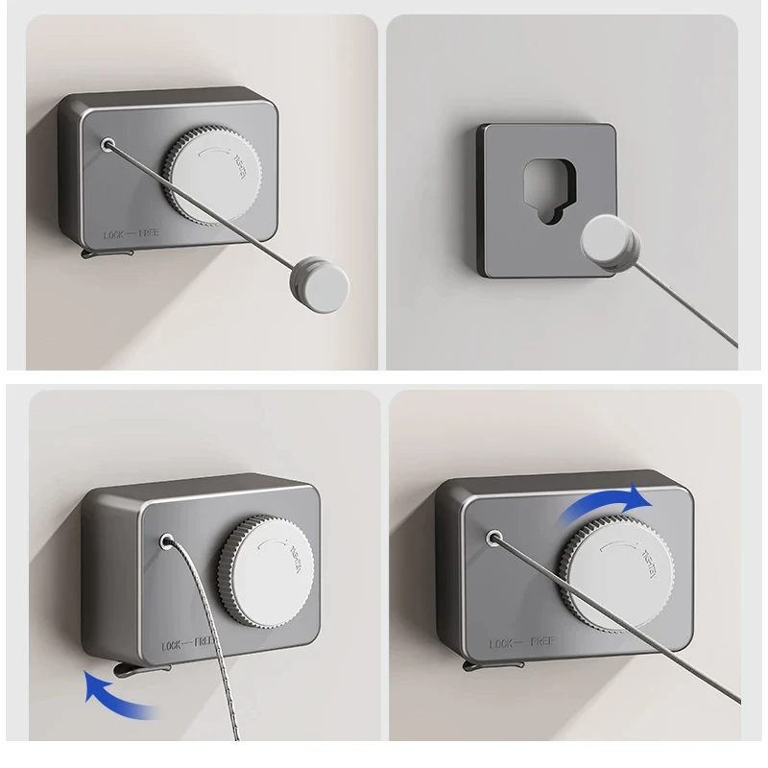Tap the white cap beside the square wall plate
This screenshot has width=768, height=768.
pos(612,242)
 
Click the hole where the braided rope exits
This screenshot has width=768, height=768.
pos(169,542)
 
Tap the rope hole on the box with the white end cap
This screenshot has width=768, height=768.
pos(108,146)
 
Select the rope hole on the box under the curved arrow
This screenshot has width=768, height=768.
pos(493,539)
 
